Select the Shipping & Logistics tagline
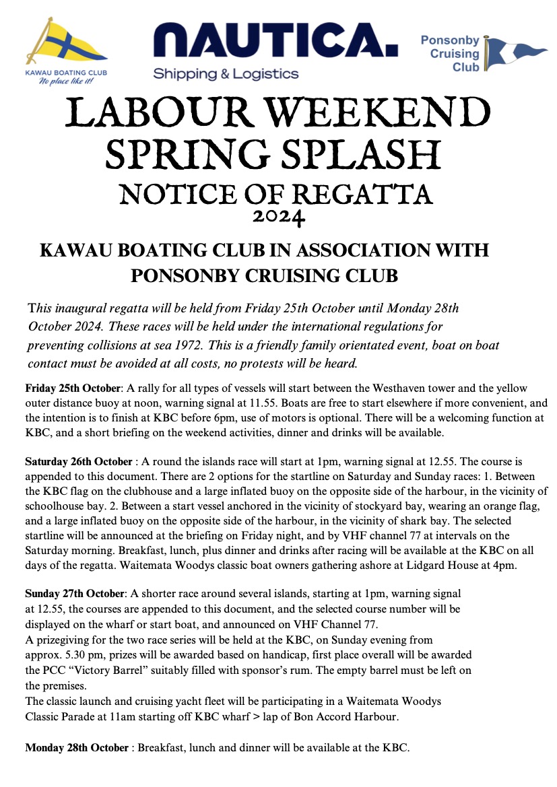[226, 73]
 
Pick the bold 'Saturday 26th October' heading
[79, 463]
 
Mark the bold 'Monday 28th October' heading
[77, 747]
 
